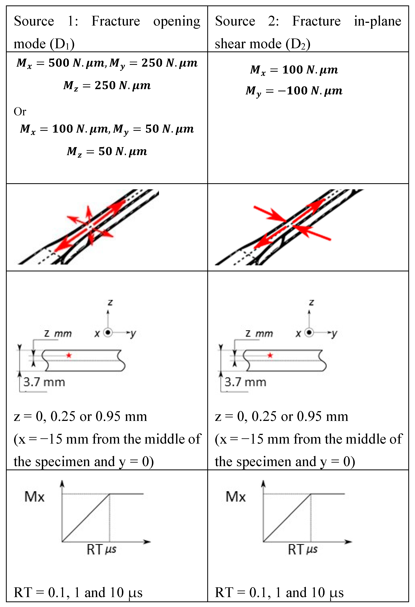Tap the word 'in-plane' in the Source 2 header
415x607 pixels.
[x=377, y=21]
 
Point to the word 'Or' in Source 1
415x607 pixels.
[x=20, y=111]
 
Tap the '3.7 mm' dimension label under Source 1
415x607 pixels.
[x=44, y=382]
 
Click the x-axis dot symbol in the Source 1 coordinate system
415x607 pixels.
[x=108, y=332]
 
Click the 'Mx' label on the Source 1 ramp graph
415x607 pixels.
[x=35, y=497]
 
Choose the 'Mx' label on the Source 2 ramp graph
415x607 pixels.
[x=236, y=497]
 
